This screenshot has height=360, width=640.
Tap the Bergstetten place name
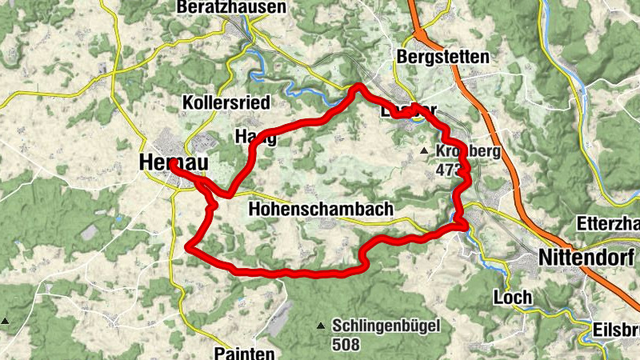click(x=442, y=58)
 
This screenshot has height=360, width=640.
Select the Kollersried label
click(x=226, y=103)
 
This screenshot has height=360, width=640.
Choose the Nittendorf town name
click(x=587, y=258)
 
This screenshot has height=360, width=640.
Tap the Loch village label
click(x=513, y=298)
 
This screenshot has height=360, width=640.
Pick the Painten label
click(x=245, y=353)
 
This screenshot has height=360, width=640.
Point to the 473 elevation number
click(x=450, y=170)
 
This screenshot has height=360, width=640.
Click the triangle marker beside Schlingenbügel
click(x=321, y=326)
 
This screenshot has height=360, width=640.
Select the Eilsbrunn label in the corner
click(x=616, y=330)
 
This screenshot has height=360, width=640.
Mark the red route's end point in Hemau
click(x=171, y=165)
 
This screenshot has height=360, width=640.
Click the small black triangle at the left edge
click(x=5, y=321)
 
